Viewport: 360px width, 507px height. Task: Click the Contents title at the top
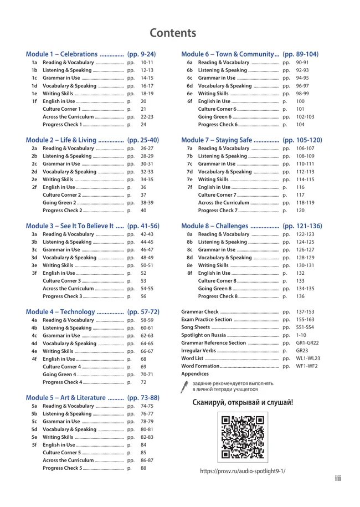[172, 33]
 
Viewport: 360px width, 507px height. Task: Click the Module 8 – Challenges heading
[215, 226]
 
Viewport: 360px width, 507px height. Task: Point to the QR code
[243, 437]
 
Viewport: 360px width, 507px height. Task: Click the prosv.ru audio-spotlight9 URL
[243, 471]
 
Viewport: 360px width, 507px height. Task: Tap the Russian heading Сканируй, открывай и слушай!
[243, 402]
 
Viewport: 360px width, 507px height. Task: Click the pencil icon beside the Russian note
[184, 386]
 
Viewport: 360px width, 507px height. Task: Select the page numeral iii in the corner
[338, 478]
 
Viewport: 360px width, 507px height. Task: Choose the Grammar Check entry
[200, 312]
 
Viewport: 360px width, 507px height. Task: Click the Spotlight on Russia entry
[203, 335]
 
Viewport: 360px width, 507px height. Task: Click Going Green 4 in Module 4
[59, 375]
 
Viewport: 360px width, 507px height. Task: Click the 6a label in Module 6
[189, 63]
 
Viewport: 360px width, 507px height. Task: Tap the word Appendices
[195, 374]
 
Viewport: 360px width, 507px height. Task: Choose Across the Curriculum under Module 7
[224, 203]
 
